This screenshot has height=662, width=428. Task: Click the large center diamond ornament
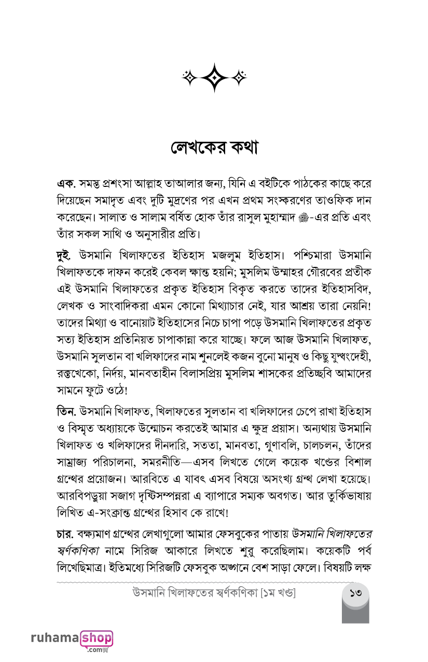click(x=214, y=77)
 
